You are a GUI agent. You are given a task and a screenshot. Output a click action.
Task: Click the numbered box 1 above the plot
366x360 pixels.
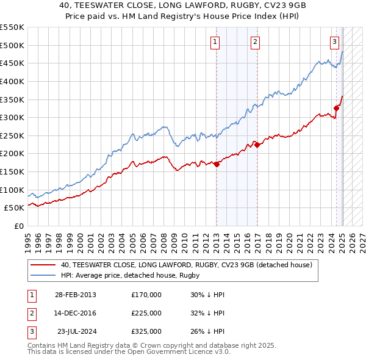click(x=216, y=42)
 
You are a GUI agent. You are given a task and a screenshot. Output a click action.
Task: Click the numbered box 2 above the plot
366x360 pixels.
click(x=255, y=42)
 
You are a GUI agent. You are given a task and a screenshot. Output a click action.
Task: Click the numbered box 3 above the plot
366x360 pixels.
click(x=335, y=42)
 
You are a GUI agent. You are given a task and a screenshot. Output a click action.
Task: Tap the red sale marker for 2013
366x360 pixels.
click(x=217, y=164)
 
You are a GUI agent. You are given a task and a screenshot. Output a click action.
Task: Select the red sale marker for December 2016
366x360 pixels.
click(x=257, y=145)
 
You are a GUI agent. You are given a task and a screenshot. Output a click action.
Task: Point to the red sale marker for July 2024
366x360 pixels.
click(x=336, y=109)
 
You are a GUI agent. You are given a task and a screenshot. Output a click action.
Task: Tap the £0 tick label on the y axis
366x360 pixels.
click(x=18, y=226)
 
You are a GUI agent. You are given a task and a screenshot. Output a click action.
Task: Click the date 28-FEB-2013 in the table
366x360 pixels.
click(x=75, y=295)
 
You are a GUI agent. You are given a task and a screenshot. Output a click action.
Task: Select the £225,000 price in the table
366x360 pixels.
click(x=146, y=313)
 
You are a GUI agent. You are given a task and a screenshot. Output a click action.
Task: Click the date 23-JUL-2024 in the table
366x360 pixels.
click(x=76, y=331)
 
